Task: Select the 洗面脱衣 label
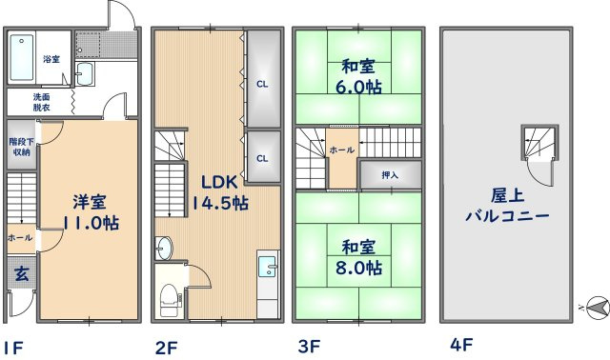(42, 101)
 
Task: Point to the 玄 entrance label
(21, 273)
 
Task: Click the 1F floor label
(12, 348)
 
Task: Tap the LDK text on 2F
(218, 181)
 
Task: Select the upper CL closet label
(261, 84)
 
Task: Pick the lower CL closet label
(261, 159)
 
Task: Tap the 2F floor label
(164, 348)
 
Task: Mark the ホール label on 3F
(342, 150)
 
